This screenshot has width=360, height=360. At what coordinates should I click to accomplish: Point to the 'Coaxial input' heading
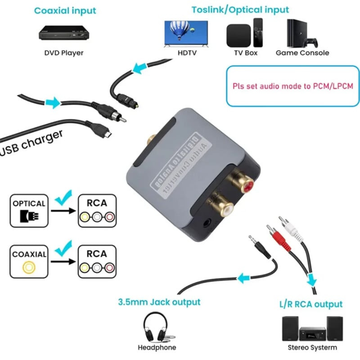point(66,10)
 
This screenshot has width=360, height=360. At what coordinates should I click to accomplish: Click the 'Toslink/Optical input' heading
point(240,9)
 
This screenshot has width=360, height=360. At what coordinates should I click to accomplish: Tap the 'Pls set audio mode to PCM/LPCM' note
point(293,86)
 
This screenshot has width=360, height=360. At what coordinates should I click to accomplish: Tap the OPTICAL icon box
point(29,210)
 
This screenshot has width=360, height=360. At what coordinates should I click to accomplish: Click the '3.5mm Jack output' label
point(159,301)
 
